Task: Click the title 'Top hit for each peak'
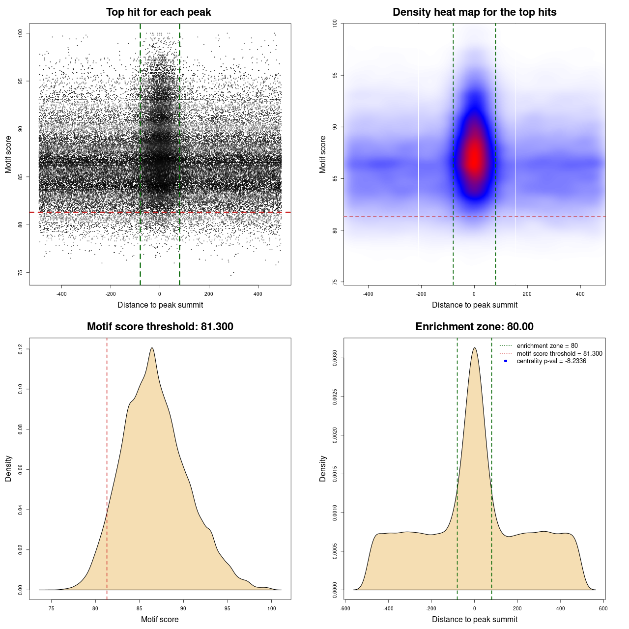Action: pos(158,12)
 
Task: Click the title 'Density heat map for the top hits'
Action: pos(474,12)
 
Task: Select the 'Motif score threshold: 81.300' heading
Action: pos(160,327)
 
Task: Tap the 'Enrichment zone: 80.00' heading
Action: pos(474,327)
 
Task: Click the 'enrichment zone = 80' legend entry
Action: pos(547,346)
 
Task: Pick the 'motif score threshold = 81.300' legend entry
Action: pos(559,353)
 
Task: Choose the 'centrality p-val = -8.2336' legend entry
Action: pos(551,361)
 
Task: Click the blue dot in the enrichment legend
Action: pos(506,361)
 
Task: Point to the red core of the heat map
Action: pos(474,157)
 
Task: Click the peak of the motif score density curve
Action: pos(152,348)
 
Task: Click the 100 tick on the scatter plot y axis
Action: pos(21,33)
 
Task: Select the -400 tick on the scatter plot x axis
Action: pos(61,294)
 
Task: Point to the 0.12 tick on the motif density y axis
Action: pos(21,349)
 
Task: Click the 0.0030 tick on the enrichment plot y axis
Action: pos(335,358)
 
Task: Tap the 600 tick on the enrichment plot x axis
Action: pos(603,608)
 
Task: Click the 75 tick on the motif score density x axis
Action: pos(52,608)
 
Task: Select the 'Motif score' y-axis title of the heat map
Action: pos(323,154)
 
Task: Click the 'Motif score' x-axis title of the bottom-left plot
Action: pos(160,619)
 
